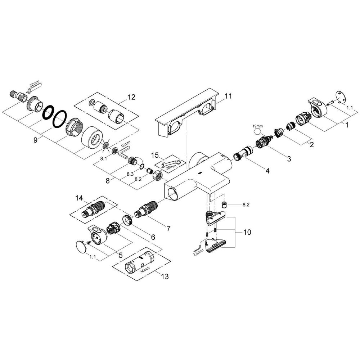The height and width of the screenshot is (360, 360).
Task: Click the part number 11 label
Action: [229, 96]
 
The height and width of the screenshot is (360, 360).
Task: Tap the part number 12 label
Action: [131, 97]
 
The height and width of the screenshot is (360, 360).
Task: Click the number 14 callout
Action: [79, 198]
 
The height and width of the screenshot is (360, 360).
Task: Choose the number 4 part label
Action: [267, 171]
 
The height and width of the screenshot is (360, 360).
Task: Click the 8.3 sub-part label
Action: [130, 174]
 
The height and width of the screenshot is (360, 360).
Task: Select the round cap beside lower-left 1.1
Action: [82, 246]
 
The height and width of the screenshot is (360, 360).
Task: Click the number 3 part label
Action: [289, 158]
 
